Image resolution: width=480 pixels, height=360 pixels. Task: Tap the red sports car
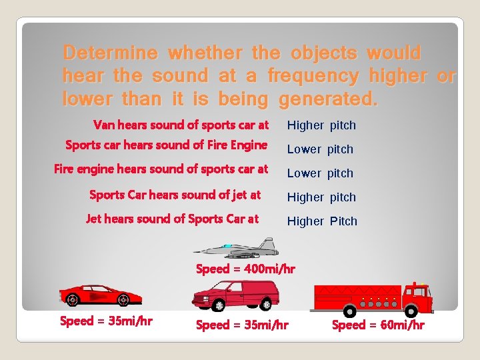pyautogui.click(x=91, y=294)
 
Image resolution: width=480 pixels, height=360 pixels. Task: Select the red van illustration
pyautogui.click(x=235, y=295)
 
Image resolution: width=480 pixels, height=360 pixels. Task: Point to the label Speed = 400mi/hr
pyautogui.click(x=245, y=269)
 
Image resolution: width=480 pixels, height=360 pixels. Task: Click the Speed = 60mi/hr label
pyautogui.click(x=378, y=325)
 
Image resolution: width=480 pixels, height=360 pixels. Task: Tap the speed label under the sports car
pyautogui.click(x=106, y=321)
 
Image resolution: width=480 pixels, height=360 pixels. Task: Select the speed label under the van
pyautogui.click(x=242, y=325)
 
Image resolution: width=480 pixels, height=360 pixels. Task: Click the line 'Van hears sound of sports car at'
pyautogui.click(x=181, y=125)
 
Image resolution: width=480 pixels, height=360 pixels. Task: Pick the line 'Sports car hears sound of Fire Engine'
pyautogui.click(x=167, y=145)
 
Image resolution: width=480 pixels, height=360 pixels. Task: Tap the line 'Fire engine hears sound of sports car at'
pyautogui.click(x=161, y=169)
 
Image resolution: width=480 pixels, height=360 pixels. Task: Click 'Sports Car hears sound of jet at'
pyautogui.click(x=175, y=195)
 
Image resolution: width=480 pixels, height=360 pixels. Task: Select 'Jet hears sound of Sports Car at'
pyautogui.click(x=173, y=219)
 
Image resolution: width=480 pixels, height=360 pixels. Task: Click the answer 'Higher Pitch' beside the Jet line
pyautogui.click(x=322, y=221)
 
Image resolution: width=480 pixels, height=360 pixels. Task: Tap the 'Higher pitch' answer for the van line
pyautogui.click(x=321, y=125)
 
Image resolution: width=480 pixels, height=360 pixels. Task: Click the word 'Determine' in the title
pyautogui.click(x=111, y=53)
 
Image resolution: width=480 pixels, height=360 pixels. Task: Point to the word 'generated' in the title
pyautogui.click(x=327, y=100)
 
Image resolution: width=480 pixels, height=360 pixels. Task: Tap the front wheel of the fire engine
pyautogui.click(x=410, y=311)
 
